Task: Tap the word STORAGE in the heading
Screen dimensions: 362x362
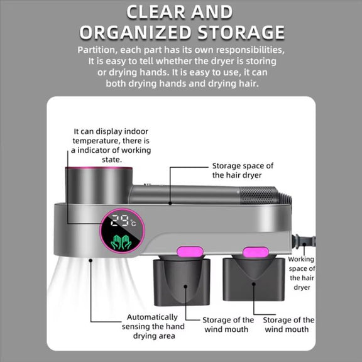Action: (x=241, y=32)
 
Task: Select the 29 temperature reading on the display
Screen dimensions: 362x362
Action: (x=120, y=221)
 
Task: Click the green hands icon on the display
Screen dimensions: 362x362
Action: (x=121, y=243)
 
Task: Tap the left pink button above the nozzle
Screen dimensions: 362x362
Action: (x=190, y=251)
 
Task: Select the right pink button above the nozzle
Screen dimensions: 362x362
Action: (x=256, y=252)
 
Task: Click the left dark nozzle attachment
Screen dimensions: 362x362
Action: (x=182, y=281)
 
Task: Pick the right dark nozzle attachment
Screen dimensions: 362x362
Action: (x=253, y=278)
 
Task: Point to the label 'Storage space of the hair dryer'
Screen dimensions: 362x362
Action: (x=243, y=170)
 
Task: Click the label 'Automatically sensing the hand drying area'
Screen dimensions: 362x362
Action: (x=153, y=326)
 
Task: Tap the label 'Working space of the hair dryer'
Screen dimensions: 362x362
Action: (x=302, y=273)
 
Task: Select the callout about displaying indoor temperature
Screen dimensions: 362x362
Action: (x=111, y=145)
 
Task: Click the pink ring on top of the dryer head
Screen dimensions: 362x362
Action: (x=99, y=168)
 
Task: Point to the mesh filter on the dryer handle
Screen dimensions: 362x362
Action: (x=258, y=195)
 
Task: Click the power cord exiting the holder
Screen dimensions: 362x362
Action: (x=304, y=241)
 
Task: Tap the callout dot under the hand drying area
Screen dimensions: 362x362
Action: (x=90, y=260)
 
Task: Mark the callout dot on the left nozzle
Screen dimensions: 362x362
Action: (x=185, y=287)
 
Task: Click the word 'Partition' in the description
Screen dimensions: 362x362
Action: (x=97, y=50)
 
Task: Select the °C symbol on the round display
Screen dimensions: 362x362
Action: (x=133, y=222)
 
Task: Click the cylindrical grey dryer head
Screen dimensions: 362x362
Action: (x=99, y=185)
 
